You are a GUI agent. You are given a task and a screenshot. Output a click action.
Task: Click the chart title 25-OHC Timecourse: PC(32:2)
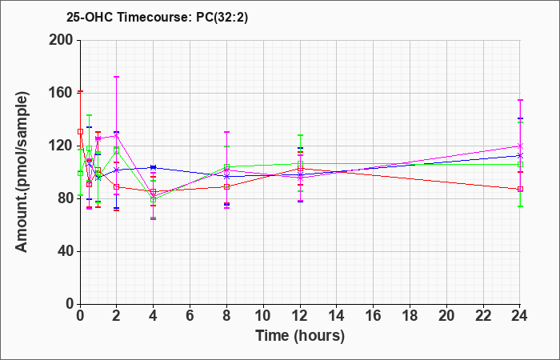coord(157,17)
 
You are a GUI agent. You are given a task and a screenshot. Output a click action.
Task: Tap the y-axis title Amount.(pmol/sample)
coord(22,172)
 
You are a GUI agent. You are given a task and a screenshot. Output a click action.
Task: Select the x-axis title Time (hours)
coord(300,336)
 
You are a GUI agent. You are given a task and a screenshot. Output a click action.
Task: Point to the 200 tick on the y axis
coord(64,40)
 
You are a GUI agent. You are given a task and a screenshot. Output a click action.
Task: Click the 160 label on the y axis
coord(64,94)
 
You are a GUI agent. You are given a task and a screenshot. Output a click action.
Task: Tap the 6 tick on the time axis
coord(190,316)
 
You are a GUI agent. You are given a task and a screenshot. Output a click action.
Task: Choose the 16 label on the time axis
coord(374,316)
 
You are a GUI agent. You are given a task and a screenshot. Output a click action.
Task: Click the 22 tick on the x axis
coord(483,316)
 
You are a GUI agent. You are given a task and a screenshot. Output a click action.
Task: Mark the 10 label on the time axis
coord(263,316)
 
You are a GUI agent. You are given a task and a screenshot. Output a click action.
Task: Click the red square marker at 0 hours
coord(80,132)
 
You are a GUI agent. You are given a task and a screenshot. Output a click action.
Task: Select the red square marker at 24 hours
coord(520,189)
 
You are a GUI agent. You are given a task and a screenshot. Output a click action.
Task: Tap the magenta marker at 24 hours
coord(520,146)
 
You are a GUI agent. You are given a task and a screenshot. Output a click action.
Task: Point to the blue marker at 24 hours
coord(520,155)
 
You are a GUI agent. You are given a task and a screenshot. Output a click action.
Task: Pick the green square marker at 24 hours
coord(520,164)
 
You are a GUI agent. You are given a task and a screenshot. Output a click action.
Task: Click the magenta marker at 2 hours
coord(117,136)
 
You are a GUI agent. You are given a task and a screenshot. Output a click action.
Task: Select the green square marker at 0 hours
coord(80,174)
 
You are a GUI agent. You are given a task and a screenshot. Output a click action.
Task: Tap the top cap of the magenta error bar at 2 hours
coord(117,77)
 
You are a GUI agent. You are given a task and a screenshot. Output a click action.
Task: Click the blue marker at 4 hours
coord(154,167)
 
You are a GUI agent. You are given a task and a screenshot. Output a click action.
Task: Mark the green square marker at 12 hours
coord(300,163)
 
